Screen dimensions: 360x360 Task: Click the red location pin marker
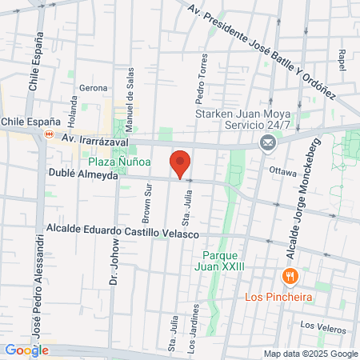tap(181, 163)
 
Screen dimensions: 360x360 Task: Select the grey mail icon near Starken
tap(267, 143)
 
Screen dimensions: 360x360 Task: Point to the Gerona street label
tap(93, 87)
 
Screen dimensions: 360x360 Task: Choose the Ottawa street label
tap(282, 170)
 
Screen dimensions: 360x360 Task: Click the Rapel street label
tap(342, 60)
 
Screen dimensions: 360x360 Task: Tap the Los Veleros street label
tap(318, 325)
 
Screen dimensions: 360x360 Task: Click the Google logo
tap(26, 350)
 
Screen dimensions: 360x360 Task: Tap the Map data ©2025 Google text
tap(311, 354)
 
